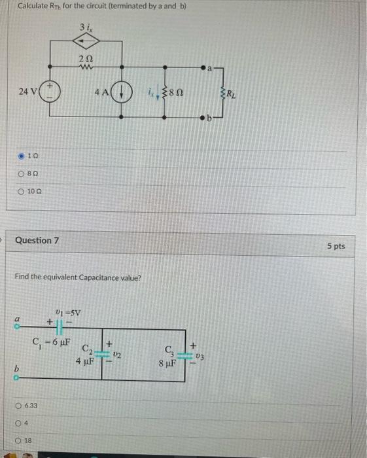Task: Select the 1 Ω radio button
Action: (x=22, y=156)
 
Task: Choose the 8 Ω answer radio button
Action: (x=22, y=173)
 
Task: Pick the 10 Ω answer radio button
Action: (x=22, y=191)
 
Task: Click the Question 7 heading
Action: (x=37, y=240)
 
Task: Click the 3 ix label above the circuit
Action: (x=85, y=27)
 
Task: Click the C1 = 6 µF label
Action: (x=52, y=341)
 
